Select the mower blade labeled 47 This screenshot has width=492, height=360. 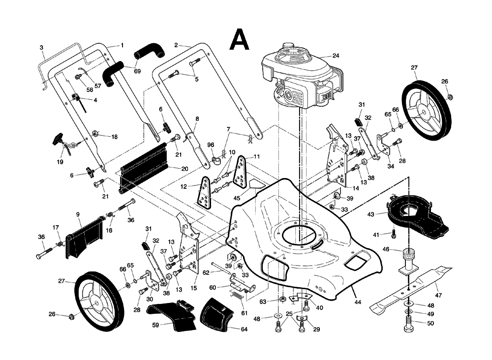coord(411,290)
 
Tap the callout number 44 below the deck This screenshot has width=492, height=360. coord(358,301)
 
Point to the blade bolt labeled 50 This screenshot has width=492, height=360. coord(408,327)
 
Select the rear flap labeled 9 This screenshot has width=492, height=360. coord(84,236)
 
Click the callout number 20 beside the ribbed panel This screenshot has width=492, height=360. coord(185,169)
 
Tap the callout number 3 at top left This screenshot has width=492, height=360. coord(42,48)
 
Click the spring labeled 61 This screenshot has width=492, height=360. coord(238,297)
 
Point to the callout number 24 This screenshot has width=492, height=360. coord(349,56)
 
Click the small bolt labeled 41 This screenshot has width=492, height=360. coord(394,234)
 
